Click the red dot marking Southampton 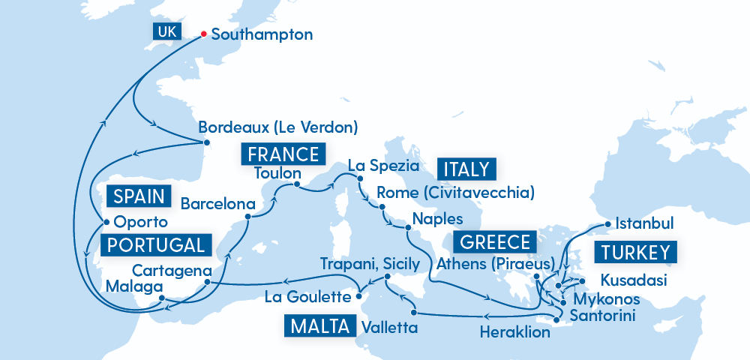point(203,34)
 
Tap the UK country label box point(165,31)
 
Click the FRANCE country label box point(283,154)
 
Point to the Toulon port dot point(297,184)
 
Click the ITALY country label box point(466,169)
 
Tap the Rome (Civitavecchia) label point(455,193)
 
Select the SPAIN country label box point(139,196)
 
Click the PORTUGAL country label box point(154,245)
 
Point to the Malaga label point(134,287)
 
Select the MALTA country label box point(319,326)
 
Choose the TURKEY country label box point(635,252)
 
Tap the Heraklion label point(514,331)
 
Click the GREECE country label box point(495,242)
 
